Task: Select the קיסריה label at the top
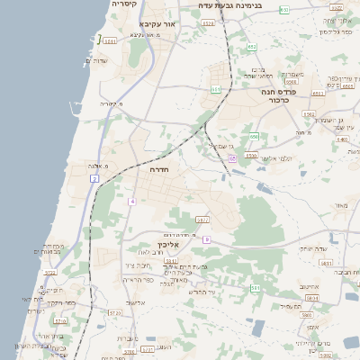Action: point(124,4)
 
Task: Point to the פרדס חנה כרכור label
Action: point(280,95)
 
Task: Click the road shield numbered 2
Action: point(94,179)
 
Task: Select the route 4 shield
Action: point(131,202)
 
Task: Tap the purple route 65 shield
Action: point(232,158)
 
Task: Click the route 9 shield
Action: point(206,239)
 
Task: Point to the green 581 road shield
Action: point(256,288)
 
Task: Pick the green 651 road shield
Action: point(216,90)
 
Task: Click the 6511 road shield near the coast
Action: point(110,41)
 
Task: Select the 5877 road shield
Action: point(202,220)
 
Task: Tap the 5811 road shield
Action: point(171,260)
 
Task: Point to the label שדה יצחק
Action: point(311,247)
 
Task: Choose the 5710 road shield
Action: point(114,312)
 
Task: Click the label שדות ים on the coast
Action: point(96,60)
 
